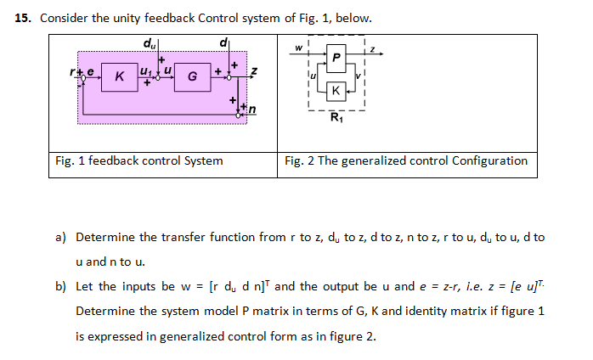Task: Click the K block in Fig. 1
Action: [x=120, y=78]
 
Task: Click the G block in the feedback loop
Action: [x=192, y=78]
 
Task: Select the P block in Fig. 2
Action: [x=338, y=58]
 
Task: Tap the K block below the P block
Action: [x=338, y=90]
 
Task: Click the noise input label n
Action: [x=252, y=109]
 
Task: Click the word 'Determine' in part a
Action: [x=104, y=237]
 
